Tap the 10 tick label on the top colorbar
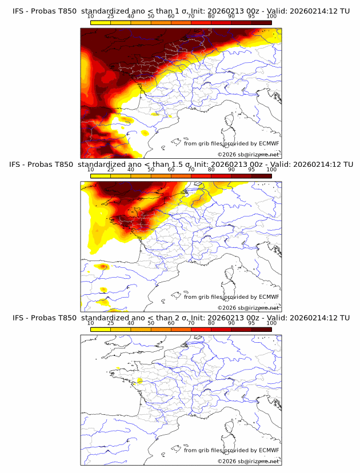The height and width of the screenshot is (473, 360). tap(91, 17)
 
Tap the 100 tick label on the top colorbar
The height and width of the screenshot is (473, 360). tap(271, 17)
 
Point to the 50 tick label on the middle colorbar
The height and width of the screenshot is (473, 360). tap(151, 170)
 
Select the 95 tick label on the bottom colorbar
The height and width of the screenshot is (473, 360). tap(251, 323)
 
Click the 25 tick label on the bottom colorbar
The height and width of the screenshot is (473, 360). tap(111, 323)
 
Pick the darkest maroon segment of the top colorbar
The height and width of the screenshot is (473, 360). tap(261, 22)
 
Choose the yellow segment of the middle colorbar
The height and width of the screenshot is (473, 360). tap(101, 175)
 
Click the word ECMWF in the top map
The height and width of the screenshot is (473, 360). tap(269, 144)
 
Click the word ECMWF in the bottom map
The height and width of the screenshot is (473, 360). tap(269, 450)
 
